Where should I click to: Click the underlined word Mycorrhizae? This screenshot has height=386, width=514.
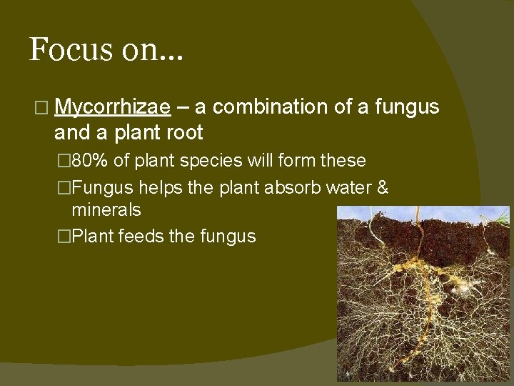click(111, 107)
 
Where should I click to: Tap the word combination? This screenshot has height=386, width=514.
click(273, 107)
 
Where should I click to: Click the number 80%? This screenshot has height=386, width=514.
click(90, 160)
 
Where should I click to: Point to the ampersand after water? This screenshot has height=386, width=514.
click(382, 187)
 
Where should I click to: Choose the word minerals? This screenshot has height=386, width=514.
click(106, 210)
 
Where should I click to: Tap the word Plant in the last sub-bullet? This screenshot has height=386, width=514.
click(93, 236)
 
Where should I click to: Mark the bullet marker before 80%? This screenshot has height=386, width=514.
click(64, 161)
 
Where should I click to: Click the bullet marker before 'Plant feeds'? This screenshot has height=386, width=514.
click(64, 237)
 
